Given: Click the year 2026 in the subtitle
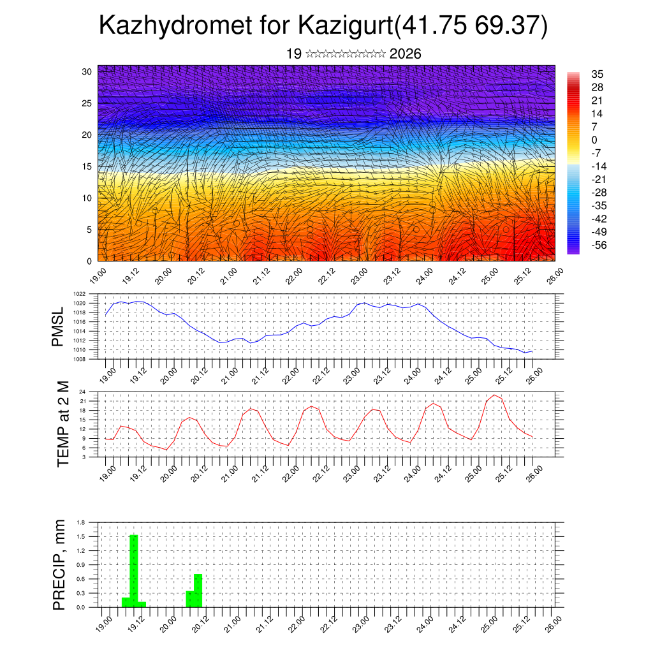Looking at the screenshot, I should (x=405, y=54).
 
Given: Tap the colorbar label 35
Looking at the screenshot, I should (x=597, y=74).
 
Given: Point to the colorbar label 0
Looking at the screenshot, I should (x=594, y=140).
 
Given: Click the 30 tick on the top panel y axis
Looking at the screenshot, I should (x=87, y=71).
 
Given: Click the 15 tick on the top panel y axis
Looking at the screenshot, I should (x=87, y=166).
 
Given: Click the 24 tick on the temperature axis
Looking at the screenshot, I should (x=83, y=392).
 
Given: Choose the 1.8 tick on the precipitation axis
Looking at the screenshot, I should (x=81, y=522).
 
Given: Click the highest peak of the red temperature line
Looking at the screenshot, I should (x=494, y=395).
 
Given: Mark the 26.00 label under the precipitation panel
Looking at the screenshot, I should (x=554, y=622).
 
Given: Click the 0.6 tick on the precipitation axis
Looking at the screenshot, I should (x=81, y=579).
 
